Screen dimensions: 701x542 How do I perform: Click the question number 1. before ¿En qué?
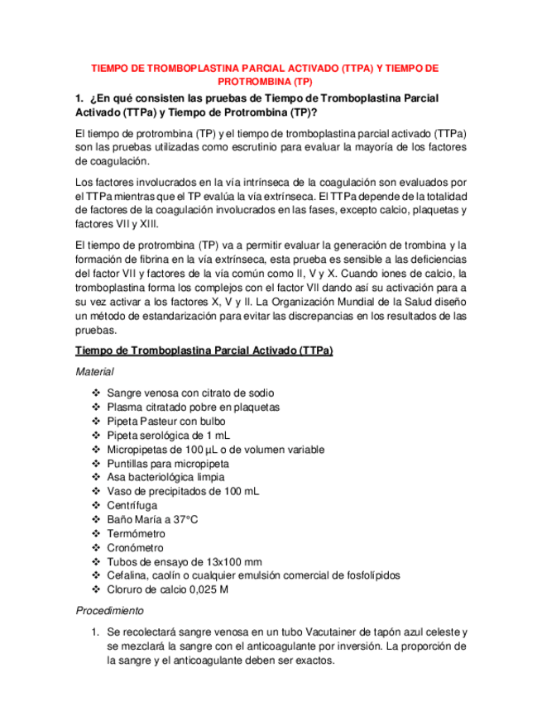click(79, 98)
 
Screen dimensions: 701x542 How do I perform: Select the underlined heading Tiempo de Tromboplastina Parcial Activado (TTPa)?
click(204, 350)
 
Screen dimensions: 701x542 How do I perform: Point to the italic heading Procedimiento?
click(109, 611)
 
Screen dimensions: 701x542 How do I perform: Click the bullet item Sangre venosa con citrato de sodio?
click(190, 393)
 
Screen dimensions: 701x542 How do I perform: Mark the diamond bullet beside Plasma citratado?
click(96, 408)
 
